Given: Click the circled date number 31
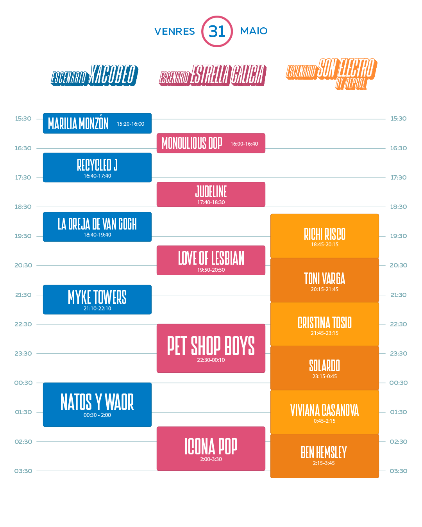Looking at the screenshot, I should point(217,31).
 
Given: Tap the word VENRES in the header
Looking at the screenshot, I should point(174,31).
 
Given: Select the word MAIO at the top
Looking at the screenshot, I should point(254,31).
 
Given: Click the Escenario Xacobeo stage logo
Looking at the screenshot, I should point(94,75).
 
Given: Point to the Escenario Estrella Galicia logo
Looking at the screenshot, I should point(213,75).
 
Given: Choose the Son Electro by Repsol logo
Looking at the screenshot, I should point(331,73).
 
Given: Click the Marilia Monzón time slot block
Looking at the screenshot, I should point(97,123).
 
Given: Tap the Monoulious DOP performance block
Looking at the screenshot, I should point(211,143).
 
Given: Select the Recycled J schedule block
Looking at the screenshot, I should point(97,167).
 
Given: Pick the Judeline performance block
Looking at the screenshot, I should point(211,194).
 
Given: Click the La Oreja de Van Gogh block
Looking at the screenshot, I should point(97,227).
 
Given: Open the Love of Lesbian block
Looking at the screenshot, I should point(211,260).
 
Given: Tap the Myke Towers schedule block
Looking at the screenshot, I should point(97,299).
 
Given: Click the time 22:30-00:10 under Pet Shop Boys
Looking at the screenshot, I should point(211,360).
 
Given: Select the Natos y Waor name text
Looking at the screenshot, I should point(97,402).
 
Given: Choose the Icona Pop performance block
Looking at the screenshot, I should point(211,449).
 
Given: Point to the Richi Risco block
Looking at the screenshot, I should point(324,236).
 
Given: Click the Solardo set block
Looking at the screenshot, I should point(324,368).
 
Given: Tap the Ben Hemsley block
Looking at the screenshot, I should point(324,456).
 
